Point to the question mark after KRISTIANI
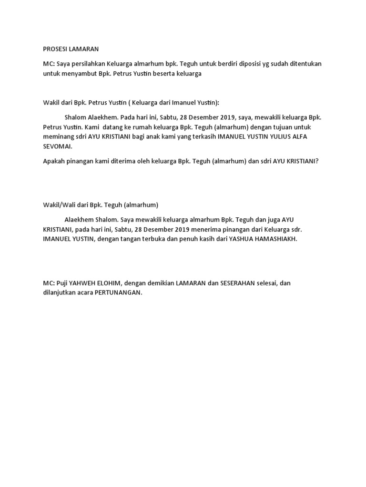(x=316, y=161)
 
